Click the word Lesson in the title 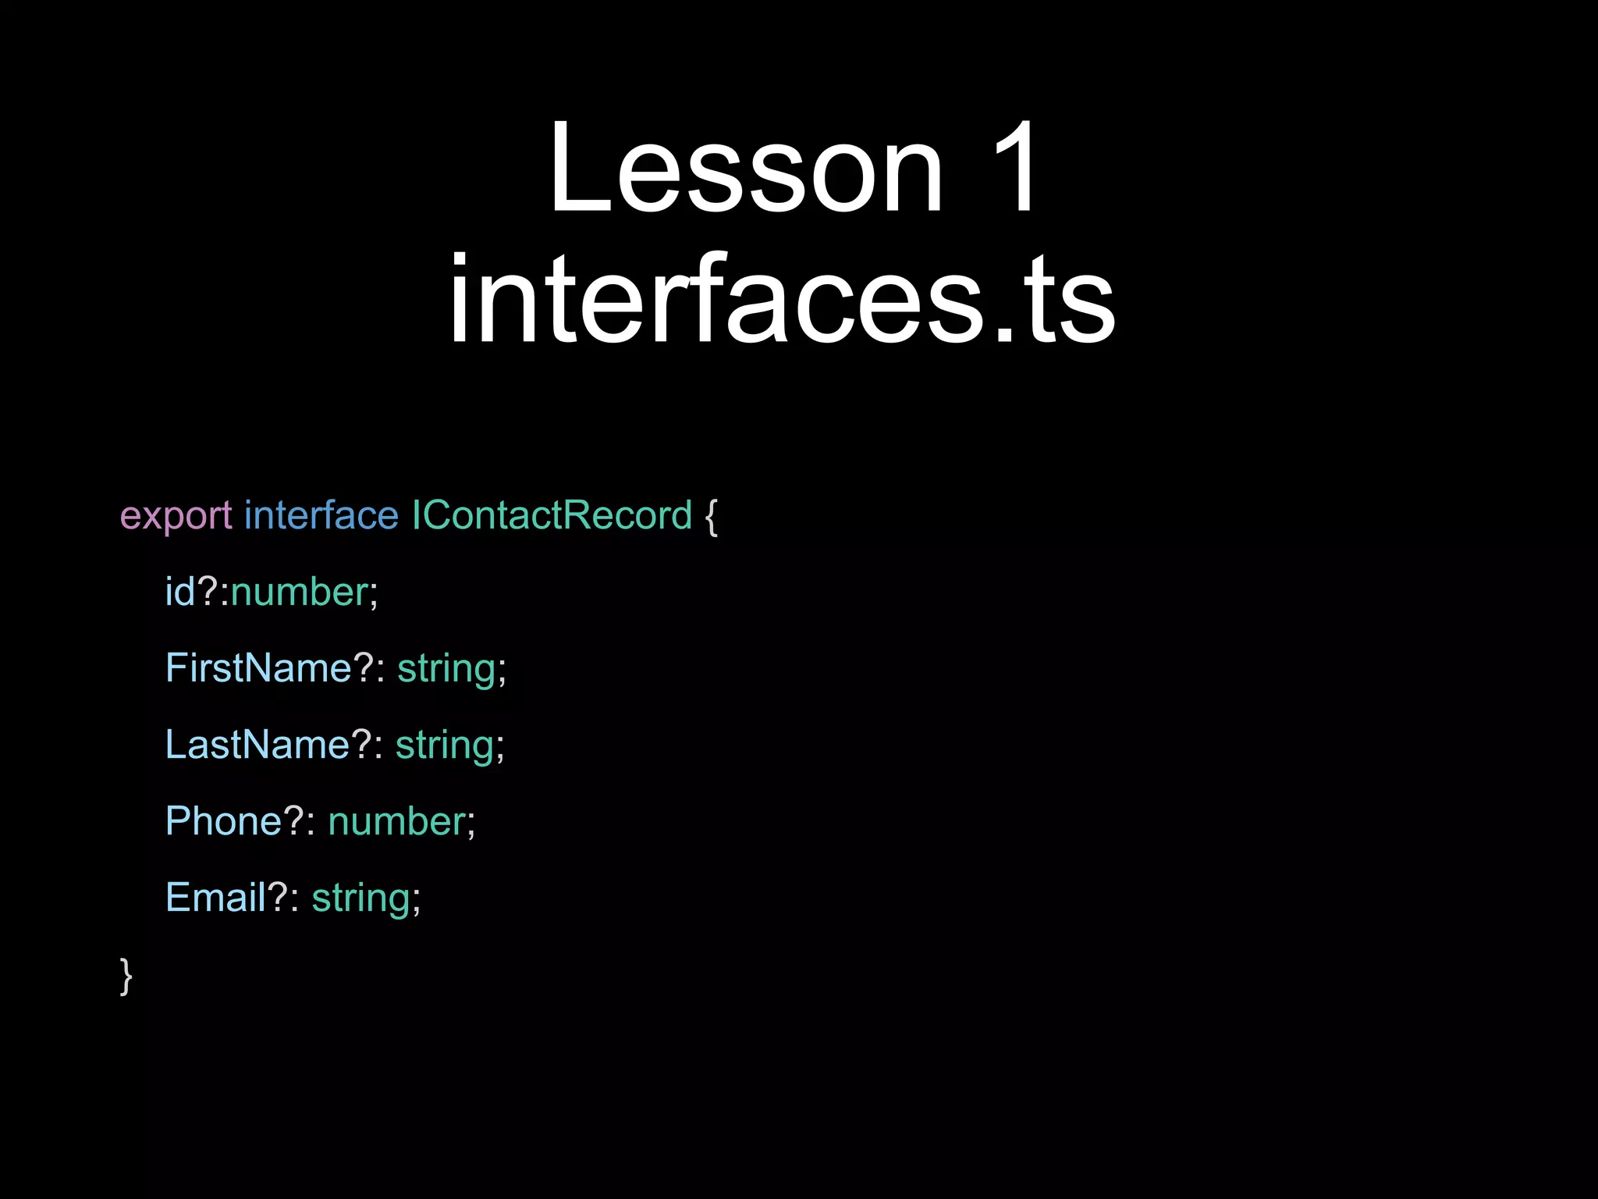[x=745, y=167]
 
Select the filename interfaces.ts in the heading [x=782, y=300]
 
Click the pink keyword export [x=176, y=516]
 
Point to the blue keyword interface [x=321, y=516]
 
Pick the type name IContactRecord [x=552, y=516]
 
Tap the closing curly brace [x=126, y=976]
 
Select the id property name [x=179, y=592]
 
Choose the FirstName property [x=258, y=668]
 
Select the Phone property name [x=222, y=821]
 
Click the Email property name [x=215, y=898]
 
